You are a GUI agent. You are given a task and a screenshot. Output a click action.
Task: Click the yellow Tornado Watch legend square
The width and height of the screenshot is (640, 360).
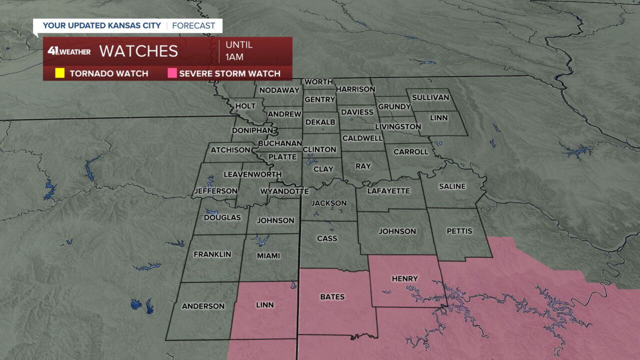point(59,73)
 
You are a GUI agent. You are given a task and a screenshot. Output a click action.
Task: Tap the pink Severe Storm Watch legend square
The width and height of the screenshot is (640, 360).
point(172,73)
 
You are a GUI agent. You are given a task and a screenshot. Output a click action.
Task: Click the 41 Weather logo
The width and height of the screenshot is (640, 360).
point(69,51)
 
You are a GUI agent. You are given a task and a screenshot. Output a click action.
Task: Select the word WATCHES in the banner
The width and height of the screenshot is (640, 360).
point(138,51)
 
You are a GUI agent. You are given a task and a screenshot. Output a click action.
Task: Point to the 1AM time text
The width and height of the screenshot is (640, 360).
point(234,57)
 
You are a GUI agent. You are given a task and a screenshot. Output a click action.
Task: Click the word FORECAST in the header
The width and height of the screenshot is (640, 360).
point(193,25)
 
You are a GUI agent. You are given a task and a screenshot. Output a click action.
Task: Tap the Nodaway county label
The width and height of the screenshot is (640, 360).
point(279,90)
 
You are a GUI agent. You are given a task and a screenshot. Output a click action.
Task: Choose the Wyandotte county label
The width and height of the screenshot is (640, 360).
point(284,191)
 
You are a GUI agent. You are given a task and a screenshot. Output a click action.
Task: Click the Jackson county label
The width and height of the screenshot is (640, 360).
point(328,203)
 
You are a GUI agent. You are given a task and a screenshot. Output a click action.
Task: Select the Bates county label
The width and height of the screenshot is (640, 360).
point(332,296)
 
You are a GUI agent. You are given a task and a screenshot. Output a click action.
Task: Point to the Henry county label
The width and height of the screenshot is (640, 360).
point(404,278)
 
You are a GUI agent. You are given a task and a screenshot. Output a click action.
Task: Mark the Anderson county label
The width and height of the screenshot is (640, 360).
point(203,306)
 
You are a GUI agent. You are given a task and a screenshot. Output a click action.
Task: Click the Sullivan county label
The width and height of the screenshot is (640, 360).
point(430,97)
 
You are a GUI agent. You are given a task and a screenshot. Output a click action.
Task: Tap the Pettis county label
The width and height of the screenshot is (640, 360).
point(459,231)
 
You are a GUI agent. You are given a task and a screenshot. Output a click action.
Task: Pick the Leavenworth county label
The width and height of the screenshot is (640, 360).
point(252,174)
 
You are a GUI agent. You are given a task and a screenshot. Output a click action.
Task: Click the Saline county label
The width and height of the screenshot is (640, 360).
point(452,186)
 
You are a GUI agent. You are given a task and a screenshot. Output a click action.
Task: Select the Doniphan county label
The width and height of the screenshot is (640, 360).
point(252,130)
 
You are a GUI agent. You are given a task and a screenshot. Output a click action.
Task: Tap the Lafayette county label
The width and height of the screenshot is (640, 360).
point(388,191)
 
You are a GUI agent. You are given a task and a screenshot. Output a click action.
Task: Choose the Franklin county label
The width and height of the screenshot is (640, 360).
point(212,254)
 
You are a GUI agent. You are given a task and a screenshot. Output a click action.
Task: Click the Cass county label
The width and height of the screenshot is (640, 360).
point(327,238)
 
